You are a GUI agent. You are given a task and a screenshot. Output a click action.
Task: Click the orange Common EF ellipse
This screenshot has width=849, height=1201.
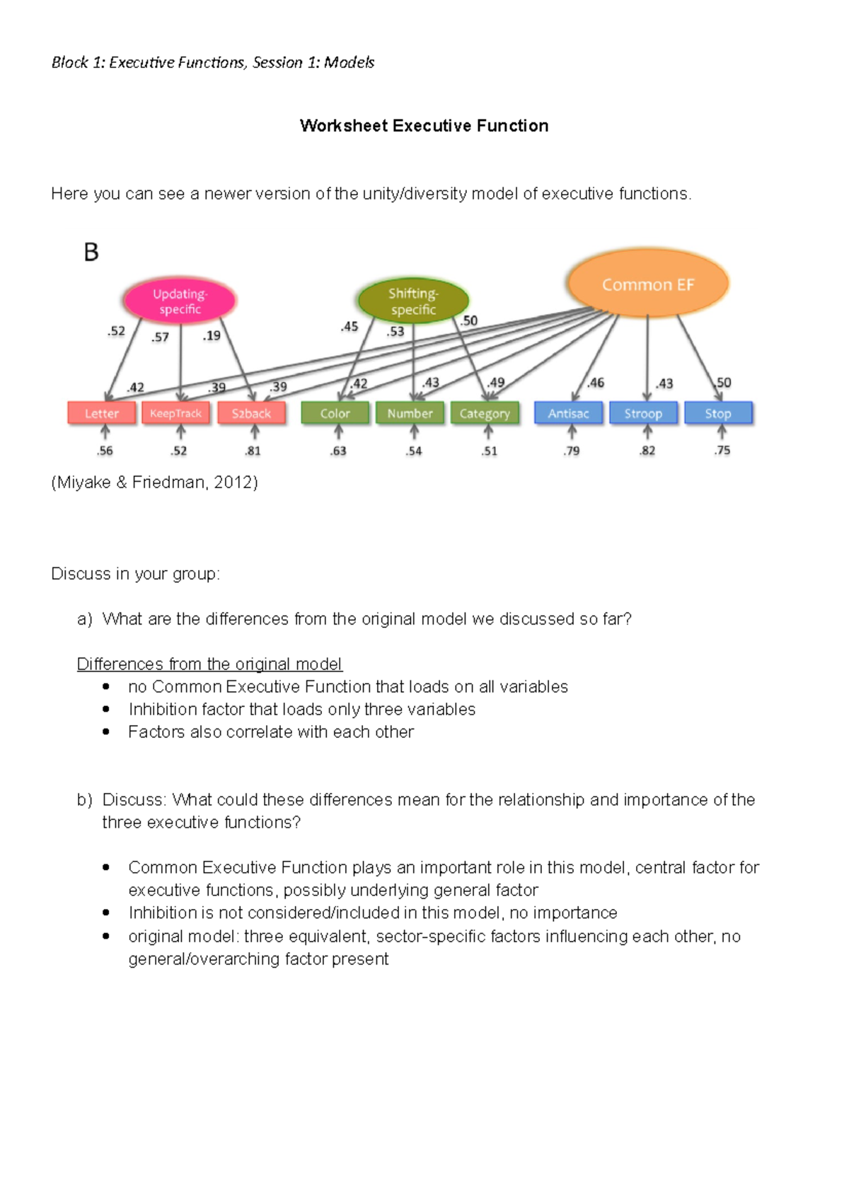point(647,284)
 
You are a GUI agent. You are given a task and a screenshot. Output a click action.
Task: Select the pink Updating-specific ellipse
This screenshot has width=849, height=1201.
point(180,301)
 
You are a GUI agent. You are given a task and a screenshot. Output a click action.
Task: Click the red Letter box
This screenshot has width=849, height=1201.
point(102,413)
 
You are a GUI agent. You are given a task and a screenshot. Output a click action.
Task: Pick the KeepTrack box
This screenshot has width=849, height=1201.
point(176,413)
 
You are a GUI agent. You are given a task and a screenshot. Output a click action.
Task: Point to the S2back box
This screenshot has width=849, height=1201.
point(251,413)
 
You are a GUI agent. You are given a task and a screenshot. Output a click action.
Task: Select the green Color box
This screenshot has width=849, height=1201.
point(335,413)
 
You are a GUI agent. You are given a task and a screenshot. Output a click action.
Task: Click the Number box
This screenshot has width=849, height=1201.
point(410,413)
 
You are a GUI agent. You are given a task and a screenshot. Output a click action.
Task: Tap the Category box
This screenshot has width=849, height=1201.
point(485,413)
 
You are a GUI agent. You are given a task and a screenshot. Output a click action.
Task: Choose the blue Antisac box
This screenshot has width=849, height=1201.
point(568,413)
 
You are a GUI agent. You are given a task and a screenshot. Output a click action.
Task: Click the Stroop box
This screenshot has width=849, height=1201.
point(643,413)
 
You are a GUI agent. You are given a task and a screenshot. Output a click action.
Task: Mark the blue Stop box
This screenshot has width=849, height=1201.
point(718,413)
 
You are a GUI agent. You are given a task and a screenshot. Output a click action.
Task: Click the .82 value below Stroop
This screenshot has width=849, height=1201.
point(647,451)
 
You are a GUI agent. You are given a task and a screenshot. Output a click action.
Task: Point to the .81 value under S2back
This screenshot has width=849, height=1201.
point(253,451)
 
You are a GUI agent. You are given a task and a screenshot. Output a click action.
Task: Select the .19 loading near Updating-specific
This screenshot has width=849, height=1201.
point(212,336)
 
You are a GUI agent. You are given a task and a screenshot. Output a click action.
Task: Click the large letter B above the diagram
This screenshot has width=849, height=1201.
point(91,252)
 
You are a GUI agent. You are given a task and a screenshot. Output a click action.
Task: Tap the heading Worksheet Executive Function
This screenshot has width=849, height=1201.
point(424,126)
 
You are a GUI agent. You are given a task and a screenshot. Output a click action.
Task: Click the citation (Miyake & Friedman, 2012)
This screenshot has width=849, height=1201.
point(154,482)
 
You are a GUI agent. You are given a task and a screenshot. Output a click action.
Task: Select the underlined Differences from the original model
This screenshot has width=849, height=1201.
point(209,664)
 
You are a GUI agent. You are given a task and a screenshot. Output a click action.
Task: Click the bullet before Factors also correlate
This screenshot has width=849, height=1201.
point(106,732)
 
